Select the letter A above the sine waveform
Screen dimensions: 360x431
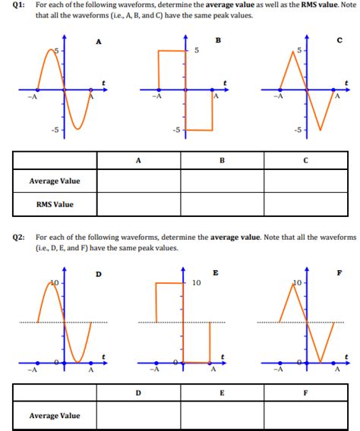(98, 41)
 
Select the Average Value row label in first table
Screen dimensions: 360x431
(55, 181)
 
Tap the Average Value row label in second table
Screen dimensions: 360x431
(55, 415)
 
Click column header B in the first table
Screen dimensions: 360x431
(222, 160)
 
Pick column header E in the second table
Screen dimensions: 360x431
(222, 393)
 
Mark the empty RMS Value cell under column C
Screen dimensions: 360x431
(305, 204)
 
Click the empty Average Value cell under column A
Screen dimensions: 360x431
(137, 181)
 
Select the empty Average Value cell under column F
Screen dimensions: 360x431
(305, 415)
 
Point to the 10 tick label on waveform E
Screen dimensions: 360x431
(197, 282)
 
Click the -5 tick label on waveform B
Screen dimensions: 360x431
(175, 130)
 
